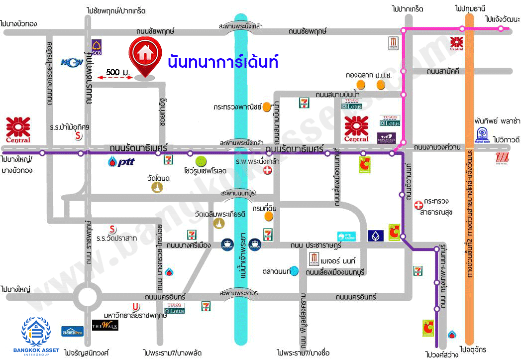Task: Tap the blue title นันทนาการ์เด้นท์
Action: point(222,62)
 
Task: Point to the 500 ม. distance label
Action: point(118,73)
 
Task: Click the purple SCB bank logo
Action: point(97,47)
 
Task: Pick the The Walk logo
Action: point(105,325)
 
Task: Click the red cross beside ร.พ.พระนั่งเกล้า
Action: point(268,171)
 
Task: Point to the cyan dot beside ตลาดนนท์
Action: point(295,271)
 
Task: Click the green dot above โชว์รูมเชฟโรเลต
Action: point(201,161)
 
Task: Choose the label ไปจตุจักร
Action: point(473,350)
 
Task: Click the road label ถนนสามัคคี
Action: point(442,71)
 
